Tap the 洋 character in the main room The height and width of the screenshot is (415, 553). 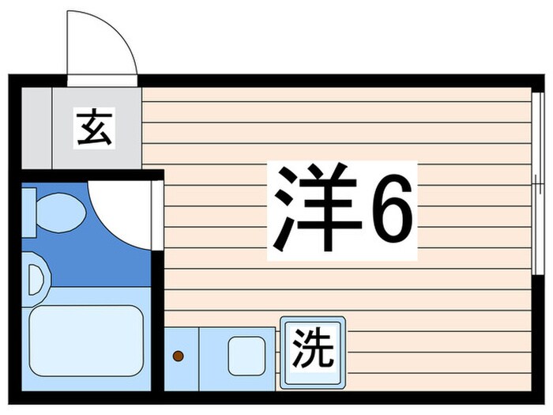(x=312, y=208)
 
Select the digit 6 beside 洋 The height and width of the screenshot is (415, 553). (x=392, y=209)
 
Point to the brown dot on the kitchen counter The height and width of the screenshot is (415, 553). (x=179, y=357)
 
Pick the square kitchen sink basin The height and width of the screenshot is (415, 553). (x=247, y=356)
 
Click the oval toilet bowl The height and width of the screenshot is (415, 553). (x=61, y=212)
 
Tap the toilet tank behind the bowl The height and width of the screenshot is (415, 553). (x=27, y=212)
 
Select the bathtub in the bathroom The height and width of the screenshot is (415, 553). (x=85, y=341)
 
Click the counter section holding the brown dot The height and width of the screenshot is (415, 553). (x=181, y=356)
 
